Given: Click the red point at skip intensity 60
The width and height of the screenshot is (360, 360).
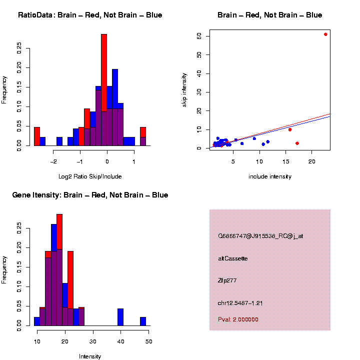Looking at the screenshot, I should tap(325, 34).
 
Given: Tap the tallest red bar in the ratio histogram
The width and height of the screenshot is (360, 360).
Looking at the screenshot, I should tap(104, 75).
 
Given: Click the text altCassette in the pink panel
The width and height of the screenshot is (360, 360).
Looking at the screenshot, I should tap(233, 258).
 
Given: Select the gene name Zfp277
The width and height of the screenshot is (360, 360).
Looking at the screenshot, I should tap(227, 280).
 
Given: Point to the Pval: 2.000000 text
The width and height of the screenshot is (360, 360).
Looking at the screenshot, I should tap(238, 319).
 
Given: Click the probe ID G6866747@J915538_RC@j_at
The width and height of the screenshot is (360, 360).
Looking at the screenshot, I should tap(260, 236).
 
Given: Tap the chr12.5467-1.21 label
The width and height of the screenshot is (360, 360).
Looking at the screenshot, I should tap(240, 303).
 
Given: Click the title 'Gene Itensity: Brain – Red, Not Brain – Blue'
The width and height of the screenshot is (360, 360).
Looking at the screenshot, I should tap(90, 195).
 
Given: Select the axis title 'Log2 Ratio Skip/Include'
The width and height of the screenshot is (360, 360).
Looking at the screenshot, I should tap(90, 176).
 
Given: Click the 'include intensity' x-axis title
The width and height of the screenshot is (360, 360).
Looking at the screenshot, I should tap(270, 176).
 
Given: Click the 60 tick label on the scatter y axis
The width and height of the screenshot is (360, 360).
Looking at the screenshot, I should tap(199, 36).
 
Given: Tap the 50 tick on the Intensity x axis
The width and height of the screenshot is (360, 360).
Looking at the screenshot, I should tap(149, 341).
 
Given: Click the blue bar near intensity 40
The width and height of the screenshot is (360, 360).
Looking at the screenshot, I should tap(120, 317).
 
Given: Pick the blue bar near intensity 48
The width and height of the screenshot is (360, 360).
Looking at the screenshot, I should tap(143, 321).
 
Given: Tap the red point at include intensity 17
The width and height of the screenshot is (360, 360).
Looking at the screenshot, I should tap(297, 143).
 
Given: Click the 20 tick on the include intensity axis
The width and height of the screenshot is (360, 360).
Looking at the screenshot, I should tap(311, 161).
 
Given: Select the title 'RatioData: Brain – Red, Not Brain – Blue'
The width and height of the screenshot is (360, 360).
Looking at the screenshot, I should tap(90, 15).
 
